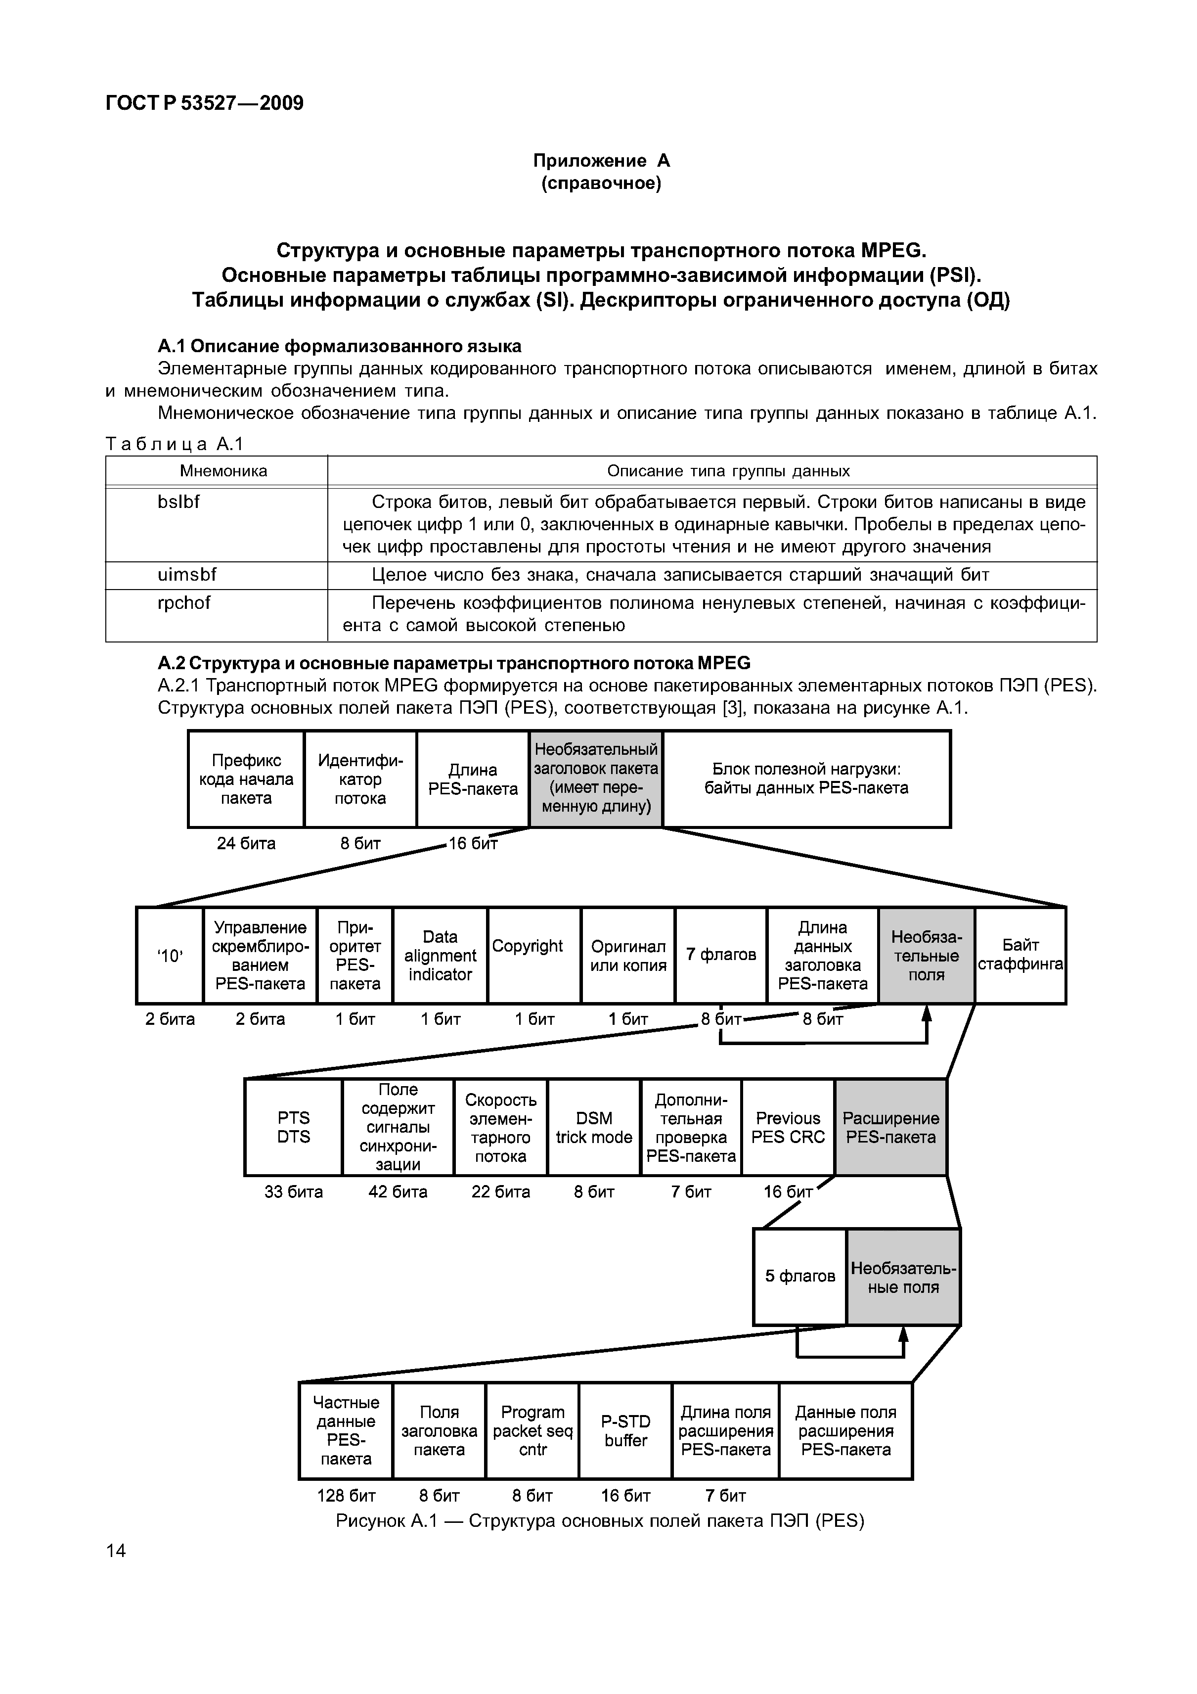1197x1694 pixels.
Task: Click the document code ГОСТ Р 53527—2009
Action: (204, 102)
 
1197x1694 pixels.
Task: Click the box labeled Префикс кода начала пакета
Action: (246, 779)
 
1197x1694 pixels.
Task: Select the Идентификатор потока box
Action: (360, 779)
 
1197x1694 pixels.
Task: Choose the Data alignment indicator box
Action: (441, 956)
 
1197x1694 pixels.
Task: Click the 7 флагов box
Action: (721, 956)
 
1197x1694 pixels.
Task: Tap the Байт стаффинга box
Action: (1020, 956)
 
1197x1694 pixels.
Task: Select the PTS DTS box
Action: (294, 1127)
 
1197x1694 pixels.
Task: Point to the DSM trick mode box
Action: (594, 1127)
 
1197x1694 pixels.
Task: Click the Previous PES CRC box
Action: (789, 1127)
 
